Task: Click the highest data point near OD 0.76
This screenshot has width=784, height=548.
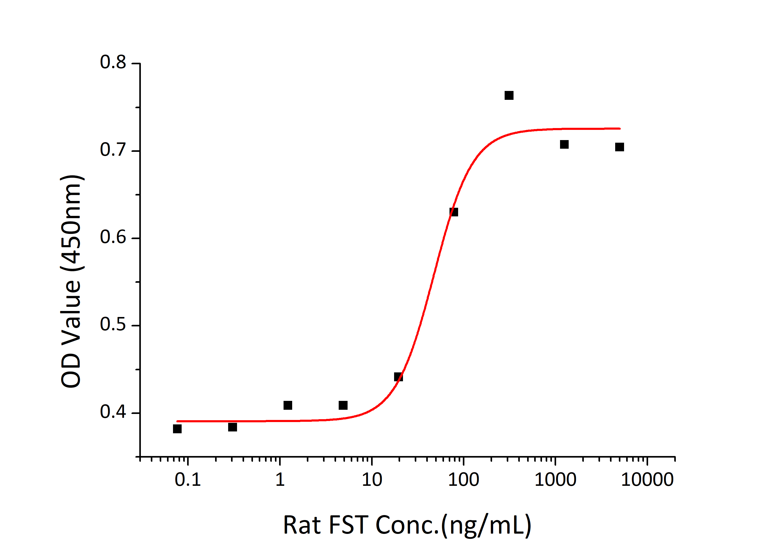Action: (x=509, y=95)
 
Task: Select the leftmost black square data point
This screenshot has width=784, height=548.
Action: (x=177, y=429)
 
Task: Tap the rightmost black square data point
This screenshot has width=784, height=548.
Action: (x=619, y=147)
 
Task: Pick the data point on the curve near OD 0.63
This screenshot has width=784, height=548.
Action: (x=453, y=212)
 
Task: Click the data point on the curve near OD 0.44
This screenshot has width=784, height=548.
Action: (x=398, y=377)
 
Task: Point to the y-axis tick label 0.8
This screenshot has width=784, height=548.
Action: (x=113, y=62)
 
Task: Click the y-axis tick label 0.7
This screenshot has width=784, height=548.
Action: (x=113, y=150)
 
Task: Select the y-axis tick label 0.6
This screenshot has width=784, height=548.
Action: (x=113, y=237)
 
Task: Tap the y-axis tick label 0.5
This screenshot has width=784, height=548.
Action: (x=113, y=324)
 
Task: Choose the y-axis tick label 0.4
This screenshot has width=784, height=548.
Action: (x=113, y=412)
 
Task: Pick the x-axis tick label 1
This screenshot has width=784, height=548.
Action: (x=280, y=480)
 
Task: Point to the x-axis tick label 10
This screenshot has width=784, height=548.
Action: (x=372, y=480)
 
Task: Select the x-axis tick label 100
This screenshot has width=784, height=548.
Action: (x=463, y=480)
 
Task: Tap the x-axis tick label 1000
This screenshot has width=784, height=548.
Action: (x=555, y=480)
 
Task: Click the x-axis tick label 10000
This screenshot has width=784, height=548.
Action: (x=647, y=480)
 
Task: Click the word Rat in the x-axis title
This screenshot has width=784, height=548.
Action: (x=302, y=525)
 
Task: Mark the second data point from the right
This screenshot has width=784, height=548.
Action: (x=564, y=145)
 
